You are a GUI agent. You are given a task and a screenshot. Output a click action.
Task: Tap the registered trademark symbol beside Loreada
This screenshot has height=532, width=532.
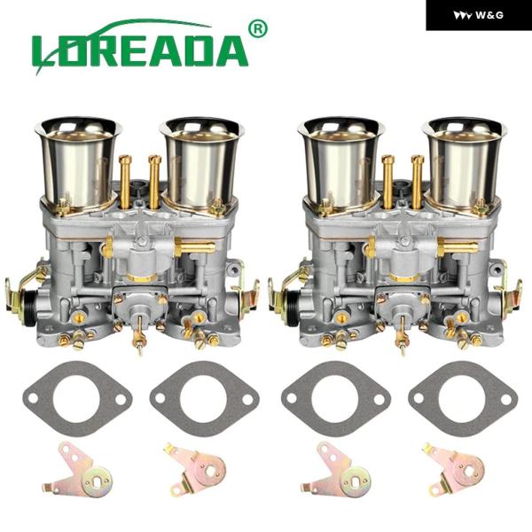(x=258, y=28)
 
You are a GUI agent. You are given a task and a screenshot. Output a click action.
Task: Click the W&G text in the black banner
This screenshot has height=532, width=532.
(x=489, y=15)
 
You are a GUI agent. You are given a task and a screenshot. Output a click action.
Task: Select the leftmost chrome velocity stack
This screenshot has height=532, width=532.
(x=79, y=163)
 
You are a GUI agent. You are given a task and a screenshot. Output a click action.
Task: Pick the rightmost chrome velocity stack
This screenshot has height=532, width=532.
(x=464, y=163)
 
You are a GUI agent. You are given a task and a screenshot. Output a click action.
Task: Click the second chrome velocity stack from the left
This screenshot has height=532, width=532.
(x=202, y=163)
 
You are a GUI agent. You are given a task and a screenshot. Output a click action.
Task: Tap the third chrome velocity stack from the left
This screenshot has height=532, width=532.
(x=341, y=163)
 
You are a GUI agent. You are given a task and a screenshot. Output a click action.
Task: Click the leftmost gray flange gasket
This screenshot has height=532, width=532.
(x=77, y=399)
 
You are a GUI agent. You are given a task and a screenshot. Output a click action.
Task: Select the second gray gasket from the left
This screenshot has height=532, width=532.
(x=204, y=399)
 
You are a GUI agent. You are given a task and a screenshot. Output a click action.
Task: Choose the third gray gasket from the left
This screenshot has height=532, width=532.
(x=336, y=399)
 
